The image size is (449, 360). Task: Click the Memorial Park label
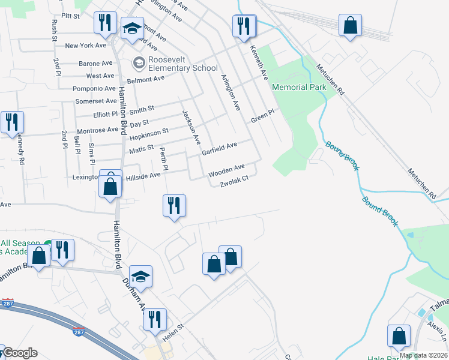point(299,87)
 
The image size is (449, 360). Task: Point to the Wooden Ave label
point(226,170)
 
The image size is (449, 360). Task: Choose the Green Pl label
point(262,116)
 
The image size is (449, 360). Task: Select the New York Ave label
point(86,46)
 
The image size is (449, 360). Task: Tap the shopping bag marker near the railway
point(351,26)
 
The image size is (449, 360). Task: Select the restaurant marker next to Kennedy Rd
point(12,122)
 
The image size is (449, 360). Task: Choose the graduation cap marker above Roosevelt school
point(131,28)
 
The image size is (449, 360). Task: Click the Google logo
point(20,353)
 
